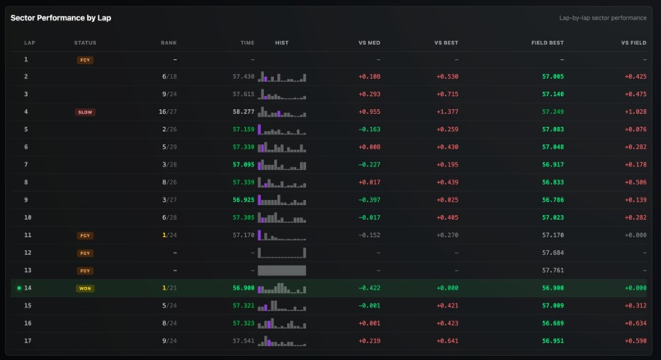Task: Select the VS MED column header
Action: coord(369,43)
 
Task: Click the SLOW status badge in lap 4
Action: coord(85,112)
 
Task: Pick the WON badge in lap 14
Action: coord(85,288)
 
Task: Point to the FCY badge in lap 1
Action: coord(85,60)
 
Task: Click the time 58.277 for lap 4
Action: coord(243,112)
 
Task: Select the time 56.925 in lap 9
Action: coord(243,199)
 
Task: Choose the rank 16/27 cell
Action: coord(167,112)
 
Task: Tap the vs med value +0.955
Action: coord(369,112)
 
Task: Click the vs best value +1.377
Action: coord(447,112)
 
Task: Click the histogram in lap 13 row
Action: coord(281,270)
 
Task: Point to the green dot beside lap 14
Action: coord(18,288)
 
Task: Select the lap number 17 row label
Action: coord(26,340)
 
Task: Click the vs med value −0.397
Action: coord(369,199)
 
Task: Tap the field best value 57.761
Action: coord(553,270)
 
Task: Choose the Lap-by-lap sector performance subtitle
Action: coord(603,17)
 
